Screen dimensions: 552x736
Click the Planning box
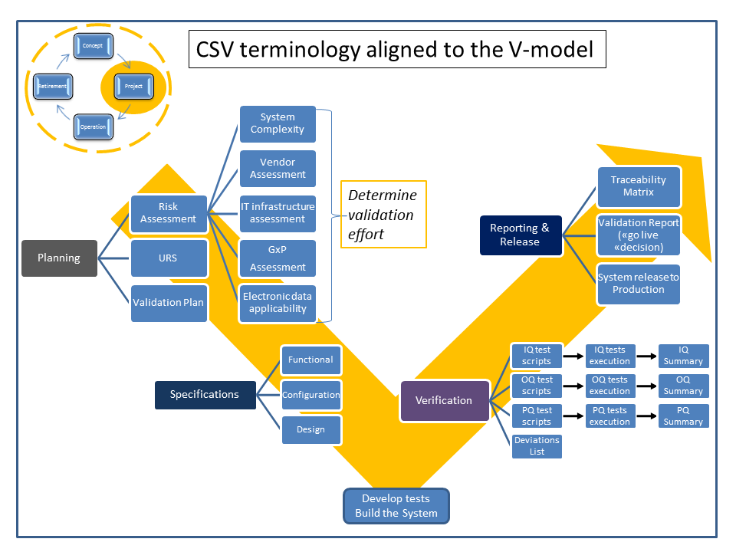pos(59,258)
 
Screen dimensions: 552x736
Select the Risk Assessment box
pos(169,213)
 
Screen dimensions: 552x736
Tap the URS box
pos(169,258)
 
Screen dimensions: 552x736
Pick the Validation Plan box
pos(169,302)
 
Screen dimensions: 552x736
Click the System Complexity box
pos(278,123)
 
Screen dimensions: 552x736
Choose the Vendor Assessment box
pos(278,169)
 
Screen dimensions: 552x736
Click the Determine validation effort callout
pos(383,215)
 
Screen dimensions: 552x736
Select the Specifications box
pos(205,395)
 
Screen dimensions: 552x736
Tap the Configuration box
pos(311,395)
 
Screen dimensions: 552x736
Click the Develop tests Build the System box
pos(396,506)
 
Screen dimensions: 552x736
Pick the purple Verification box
pos(445,400)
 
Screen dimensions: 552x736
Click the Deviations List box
pos(537,446)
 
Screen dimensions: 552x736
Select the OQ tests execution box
pos(609,386)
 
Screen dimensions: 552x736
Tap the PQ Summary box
pos(683,416)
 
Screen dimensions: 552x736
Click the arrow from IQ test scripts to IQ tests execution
pos(574,356)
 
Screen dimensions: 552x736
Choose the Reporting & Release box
pos(520,235)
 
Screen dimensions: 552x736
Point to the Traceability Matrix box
pos(639,186)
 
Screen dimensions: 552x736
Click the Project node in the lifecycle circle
pos(133,87)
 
